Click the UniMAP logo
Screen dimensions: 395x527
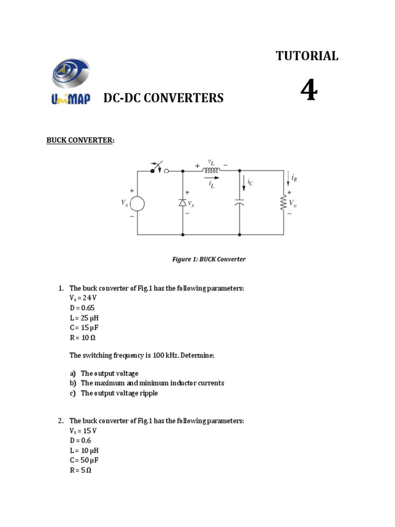pyautogui.click(x=70, y=82)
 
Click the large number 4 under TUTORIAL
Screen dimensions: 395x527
pyautogui.click(x=309, y=92)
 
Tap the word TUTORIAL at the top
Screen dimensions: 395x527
pyautogui.click(x=307, y=56)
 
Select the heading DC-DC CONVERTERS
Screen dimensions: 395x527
pyautogui.click(x=164, y=98)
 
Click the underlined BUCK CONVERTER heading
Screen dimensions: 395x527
pyautogui.click(x=80, y=140)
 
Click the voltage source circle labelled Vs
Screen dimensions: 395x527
pyautogui.click(x=137, y=204)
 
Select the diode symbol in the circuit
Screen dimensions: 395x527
pyautogui.click(x=183, y=203)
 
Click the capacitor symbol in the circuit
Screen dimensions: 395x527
pyautogui.click(x=240, y=203)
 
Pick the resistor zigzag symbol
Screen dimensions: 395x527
pyautogui.click(x=283, y=203)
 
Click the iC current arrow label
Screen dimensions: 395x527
pyautogui.click(x=249, y=182)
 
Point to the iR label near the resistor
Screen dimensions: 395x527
pyautogui.click(x=294, y=178)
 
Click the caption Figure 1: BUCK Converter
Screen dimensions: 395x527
pyautogui.click(x=208, y=259)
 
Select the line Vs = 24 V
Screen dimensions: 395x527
pyautogui.click(x=82, y=298)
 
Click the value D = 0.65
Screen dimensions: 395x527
pyautogui.click(x=82, y=308)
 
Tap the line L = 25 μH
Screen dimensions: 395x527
pyautogui.click(x=84, y=318)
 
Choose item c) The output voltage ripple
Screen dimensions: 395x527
pyautogui.click(x=119, y=393)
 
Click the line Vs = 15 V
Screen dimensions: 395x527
pyautogui.click(x=82, y=431)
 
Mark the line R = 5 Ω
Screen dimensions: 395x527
pyautogui.click(x=80, y=470)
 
